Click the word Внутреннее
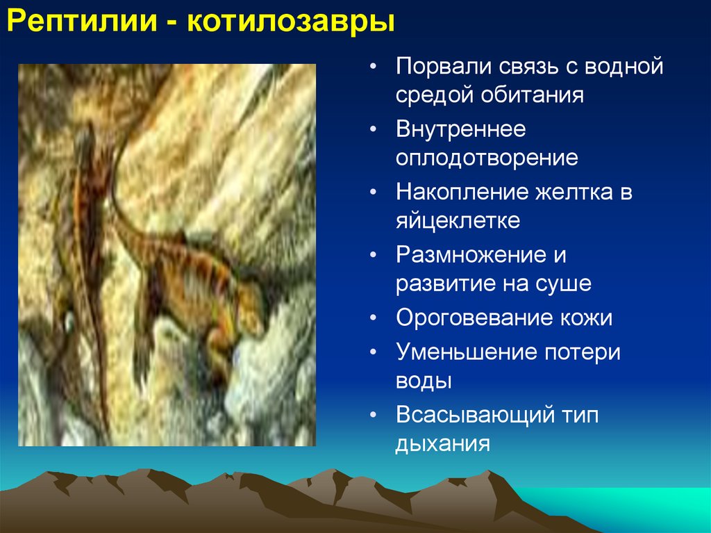[461, 129]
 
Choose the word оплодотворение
[487, 157]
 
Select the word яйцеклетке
[458, 220]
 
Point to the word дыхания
[443, 443]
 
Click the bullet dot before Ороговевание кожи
[374, 318]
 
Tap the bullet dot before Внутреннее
[374, 130]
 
